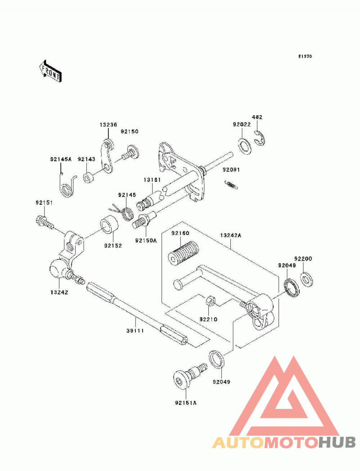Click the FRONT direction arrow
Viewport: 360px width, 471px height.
coord(50,71)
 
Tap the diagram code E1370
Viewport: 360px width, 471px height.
coord(305,56)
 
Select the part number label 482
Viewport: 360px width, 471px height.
coord(257,117)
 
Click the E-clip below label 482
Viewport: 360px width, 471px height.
coord(260,138)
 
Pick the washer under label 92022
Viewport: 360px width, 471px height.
coord(245,146)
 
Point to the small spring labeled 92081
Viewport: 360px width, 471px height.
coord(231,185)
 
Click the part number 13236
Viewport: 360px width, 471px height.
coord(108,125)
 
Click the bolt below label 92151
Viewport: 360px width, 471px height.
coord(45,223)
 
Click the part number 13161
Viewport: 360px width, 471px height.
coord(152,179)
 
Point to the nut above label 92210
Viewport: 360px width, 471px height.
coord(210,301)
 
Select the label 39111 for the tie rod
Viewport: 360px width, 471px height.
coord(135,331)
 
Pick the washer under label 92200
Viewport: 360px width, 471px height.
coord(306,279)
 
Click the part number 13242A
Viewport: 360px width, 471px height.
coord(231,235)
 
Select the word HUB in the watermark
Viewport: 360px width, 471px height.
coord(337,442)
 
